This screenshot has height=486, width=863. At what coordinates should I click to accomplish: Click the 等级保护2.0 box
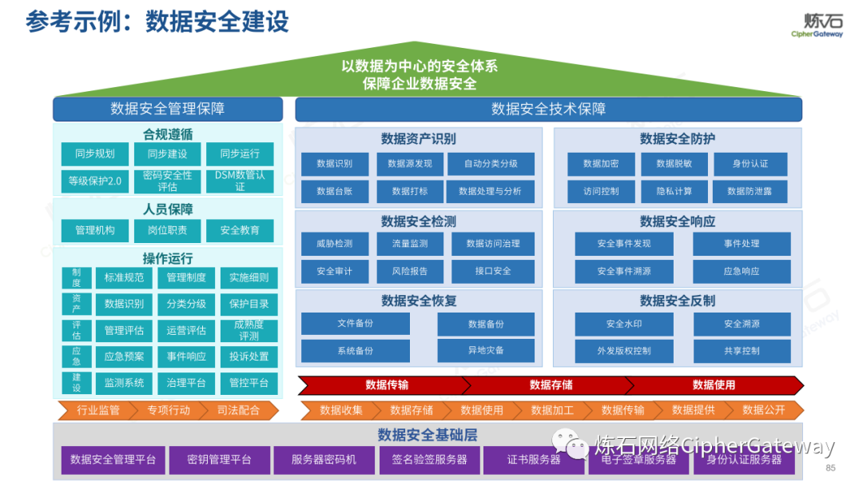click(95, 181)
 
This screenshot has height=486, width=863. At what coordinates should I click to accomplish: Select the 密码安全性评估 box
click(167, 181)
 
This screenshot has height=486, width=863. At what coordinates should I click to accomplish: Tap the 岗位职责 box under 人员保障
click(167, 230)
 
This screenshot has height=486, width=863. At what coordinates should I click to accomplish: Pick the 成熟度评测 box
click(249, 330)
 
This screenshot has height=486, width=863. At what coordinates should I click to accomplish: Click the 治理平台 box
click(186, 383)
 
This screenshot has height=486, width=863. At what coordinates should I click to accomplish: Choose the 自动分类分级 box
click(491, 164)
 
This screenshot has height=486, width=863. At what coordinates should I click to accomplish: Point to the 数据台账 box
click(334, 191)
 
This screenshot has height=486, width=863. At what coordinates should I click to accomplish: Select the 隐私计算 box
click(674, 191)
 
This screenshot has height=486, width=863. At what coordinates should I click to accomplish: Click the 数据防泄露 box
click(750, 191)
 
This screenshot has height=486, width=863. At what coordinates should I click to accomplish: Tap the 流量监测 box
click(409, 244)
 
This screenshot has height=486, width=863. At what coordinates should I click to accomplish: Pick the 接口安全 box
click(493, 271)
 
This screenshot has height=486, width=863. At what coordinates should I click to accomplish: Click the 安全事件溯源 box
click(623, 271)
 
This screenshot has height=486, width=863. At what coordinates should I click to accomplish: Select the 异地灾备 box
click(486, 350)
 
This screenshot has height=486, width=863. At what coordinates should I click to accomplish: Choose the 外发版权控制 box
click(623, 350)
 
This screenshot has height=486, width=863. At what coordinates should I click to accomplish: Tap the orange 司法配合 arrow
click(238, 410)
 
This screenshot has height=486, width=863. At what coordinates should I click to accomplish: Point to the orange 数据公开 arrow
click(763, 410)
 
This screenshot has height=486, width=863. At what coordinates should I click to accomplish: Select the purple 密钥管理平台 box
click(219, 460)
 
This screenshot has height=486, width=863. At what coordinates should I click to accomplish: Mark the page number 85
click(830, 468)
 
